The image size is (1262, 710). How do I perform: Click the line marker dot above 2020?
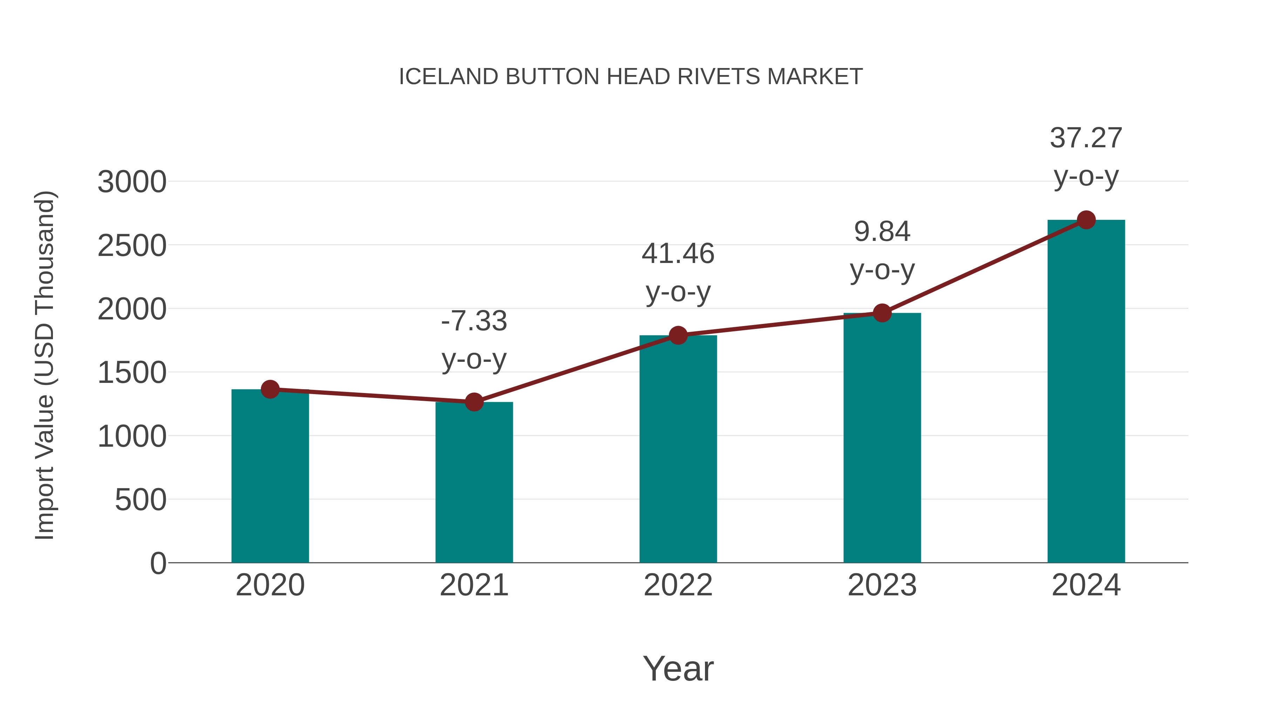tap(270, 390)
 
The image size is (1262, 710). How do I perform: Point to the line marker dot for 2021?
tap(474, 402)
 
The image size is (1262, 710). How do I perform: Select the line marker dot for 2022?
tap(678, 335)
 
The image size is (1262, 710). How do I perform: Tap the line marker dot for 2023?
tap(882, 313)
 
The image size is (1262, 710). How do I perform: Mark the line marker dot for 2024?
tap(1086, 220)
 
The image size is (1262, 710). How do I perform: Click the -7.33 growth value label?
tap(474, 322)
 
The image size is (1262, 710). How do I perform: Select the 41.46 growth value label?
tap(678, 254)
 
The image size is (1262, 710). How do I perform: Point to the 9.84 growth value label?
tap(882, 231)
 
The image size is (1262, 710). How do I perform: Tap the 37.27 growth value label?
tap(1086, 138)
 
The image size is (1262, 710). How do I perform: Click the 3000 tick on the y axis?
tap(132, 182)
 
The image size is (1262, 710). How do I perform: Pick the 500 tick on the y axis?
tap(141, 500)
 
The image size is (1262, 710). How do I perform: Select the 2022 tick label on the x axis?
tap(678, 585)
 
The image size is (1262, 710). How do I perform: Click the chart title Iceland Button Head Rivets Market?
tap(631, 77)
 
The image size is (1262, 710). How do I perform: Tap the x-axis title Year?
tap(678, 668)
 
